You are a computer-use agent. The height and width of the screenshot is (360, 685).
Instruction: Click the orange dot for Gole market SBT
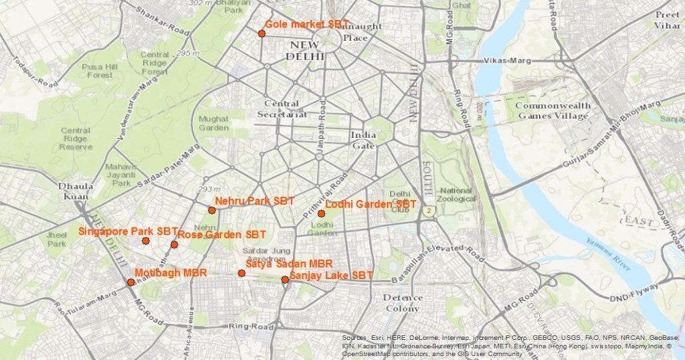(x=262, y=33)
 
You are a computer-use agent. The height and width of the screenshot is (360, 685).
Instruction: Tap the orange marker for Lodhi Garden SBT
(x=321, y=213)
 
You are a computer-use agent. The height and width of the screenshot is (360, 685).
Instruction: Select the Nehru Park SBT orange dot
(x=211, y=210)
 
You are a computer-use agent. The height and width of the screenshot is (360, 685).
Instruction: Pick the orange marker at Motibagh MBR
(x=130, y=282)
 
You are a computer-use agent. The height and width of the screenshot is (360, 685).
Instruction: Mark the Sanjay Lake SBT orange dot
(x=285, y=280)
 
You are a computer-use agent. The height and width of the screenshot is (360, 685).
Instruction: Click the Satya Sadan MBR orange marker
(x=241, y=273)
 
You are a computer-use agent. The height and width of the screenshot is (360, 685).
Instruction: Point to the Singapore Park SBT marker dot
(x=146, y=240)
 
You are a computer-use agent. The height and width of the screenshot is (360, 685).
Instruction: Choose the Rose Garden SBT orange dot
(x=174, y=244)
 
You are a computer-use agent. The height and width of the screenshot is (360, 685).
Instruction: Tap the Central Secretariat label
(x=282, y=109)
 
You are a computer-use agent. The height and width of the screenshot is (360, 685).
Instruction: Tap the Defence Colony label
(x=402, y=302)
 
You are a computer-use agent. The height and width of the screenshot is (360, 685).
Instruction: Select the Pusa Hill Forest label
(x=99, y=71)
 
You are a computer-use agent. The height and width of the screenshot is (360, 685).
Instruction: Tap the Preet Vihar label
(x=667, y=20)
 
